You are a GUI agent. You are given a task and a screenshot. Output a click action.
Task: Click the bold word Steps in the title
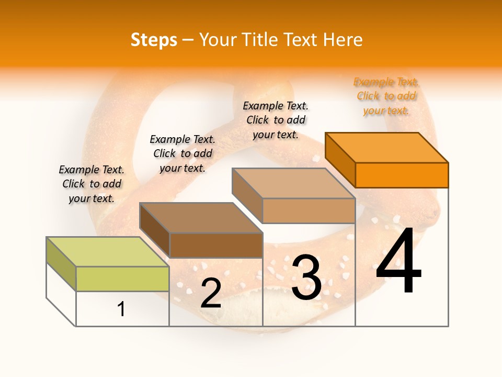tap(154, 40)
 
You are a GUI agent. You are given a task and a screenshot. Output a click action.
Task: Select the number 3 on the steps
tap(306, 277)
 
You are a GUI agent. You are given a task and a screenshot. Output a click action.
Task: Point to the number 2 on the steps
tap(211, 294)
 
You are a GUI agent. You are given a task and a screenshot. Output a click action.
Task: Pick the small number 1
tap(121, 309)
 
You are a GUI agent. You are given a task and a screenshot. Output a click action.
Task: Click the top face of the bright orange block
tap(386, 147)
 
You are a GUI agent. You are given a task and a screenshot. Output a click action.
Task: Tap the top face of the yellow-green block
tap(107, 252)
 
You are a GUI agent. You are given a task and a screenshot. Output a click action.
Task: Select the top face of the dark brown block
tap(201, 217)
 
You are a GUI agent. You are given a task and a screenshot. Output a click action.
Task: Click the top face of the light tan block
tap(293, 183)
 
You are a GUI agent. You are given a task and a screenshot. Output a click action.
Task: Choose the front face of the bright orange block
tap(402, 175)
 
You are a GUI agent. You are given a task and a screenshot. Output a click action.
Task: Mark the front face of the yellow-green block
tap(122, 279)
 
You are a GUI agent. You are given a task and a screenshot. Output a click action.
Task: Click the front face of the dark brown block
tap(216, 245)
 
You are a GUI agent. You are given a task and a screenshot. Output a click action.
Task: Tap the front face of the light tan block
tap(309, 210)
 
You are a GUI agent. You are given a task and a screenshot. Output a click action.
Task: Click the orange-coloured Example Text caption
tap(386, 96)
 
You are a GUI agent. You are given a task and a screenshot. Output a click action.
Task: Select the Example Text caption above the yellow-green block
tap(92, 184)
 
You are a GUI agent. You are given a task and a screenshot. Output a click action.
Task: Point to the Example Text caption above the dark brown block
tap(182, 153)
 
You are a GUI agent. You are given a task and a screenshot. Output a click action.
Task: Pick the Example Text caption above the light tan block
tap(276, 120)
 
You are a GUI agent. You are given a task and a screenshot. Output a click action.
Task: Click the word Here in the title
tap(343, 40)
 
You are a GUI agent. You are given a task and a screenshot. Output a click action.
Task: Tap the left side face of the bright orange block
tap(340, 159)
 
